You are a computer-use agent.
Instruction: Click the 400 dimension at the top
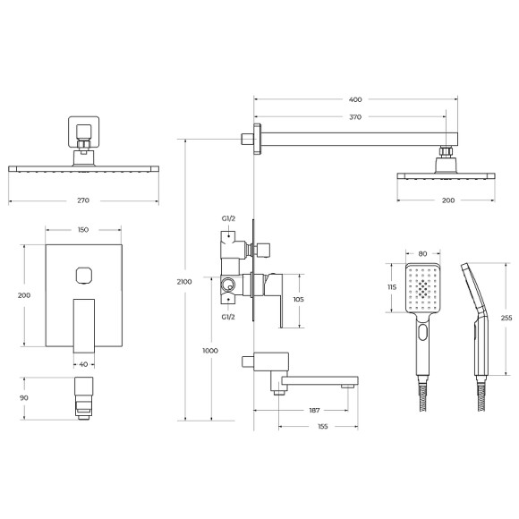coord(356,98)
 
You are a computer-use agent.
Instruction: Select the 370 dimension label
coord(356,116)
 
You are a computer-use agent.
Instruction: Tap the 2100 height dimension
coord(184,281)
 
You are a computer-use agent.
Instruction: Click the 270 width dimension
coord(82,200)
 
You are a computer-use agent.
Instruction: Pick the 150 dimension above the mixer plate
coord(82,230)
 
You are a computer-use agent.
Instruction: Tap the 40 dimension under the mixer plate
coord(83,363)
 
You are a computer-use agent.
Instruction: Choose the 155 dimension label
coord(322,427)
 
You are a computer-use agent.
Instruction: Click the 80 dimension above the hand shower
coord(422,253)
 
